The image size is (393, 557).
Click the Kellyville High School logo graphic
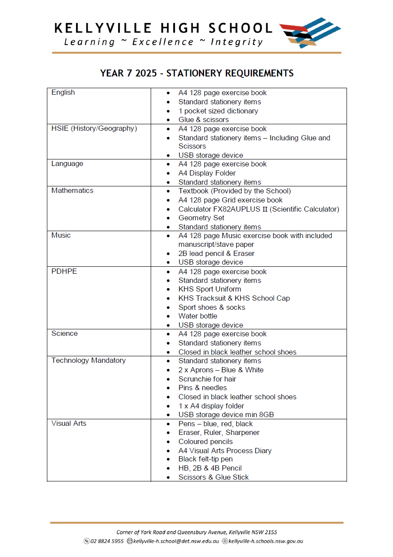point(310,32)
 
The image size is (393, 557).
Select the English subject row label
point(63,93)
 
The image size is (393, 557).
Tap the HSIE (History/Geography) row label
point(94,129)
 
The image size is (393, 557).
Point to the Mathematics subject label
point(72,191)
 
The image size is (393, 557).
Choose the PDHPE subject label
point(64,272)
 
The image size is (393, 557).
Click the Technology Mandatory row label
point(88,361)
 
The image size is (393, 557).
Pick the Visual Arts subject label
point(69,424)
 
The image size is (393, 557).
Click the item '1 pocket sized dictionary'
point(218,111)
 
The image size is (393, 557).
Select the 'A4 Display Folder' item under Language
point(207,173)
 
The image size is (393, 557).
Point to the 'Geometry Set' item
point(201,218)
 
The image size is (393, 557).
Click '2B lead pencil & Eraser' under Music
point(216,254)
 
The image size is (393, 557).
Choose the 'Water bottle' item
point(198,316)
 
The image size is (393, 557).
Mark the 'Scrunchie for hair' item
point(207,379)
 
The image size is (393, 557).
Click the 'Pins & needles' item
point(202,388)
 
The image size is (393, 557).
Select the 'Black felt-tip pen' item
point(205,459)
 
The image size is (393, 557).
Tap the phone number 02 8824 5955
point(107,541)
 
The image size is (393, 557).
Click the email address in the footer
point(173,541)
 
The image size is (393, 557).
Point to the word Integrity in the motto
point(237,42)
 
